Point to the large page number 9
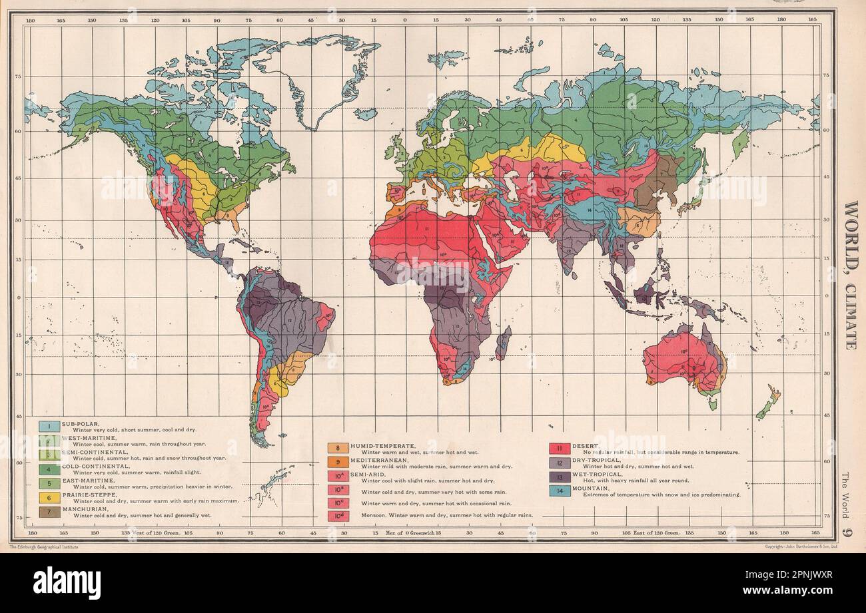tap(847, 531)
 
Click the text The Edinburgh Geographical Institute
tap(44, 546)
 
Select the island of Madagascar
tap(504, 343)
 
